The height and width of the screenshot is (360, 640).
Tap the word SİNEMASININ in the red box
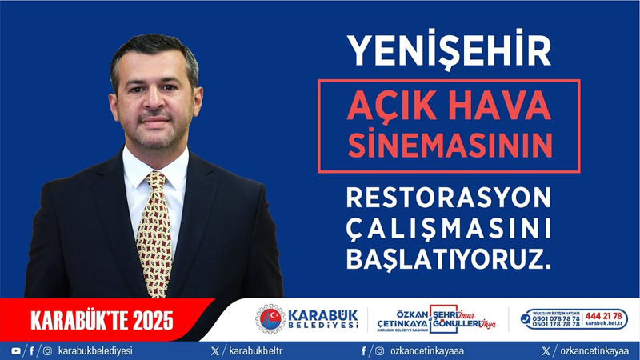point(448,145)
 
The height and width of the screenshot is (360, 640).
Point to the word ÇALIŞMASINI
point(448,228)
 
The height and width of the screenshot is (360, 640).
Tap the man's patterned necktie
point(154,240)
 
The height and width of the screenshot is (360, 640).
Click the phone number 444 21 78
point(604,315)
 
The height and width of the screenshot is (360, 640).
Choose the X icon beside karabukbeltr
point(214,350)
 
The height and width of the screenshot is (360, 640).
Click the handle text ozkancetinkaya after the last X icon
point(594,350)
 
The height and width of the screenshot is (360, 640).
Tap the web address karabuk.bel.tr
point(604,325)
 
